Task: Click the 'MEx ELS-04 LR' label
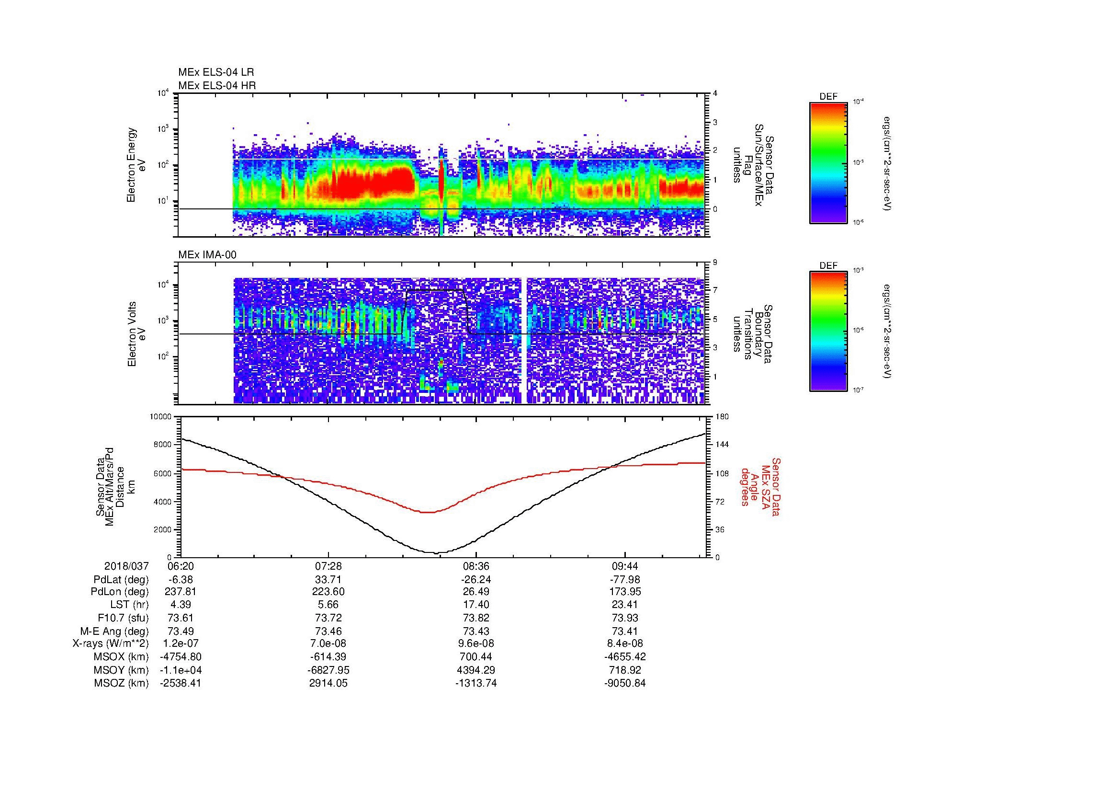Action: pyautogui.click(x=215, y=72)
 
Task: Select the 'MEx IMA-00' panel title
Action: pyautogui.click(x=207, y=255)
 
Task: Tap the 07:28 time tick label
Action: pyautogui.click(x=328, y=566)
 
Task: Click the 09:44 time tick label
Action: pyautogui.click(x=625, y=566)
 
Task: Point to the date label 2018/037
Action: pyautogui.click(x=126, y=566)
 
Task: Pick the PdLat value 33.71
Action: pyautogui.click(x=328, y=580)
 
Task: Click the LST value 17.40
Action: pyautogui.click(x=476, y=605)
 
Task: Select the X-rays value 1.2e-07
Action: pyautogui.click(x=181, y=643)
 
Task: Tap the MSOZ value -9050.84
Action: pyautogui.click(x=625, y=683)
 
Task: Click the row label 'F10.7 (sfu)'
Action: pyautogui.click(x=124, y=618)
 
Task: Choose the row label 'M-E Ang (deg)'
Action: pyautogui.click(x=114, y=631)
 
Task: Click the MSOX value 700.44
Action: pyautogui.click(x=476, y=657)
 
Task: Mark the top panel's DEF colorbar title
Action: pyautogui.click(x=828, y=97)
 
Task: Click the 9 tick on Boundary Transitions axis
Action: pyautogui.click(x=715, y=263)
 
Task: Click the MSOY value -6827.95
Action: pyautogui.click(x=328, y=670)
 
